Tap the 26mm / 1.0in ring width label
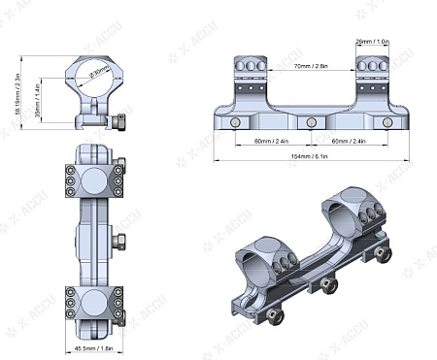[373, 43]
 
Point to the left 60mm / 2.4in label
[269, 141]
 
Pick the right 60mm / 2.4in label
[348, 141]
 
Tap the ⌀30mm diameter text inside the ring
[99, 72]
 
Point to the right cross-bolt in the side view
[387, 122]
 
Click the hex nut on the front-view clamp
[120, 123]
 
